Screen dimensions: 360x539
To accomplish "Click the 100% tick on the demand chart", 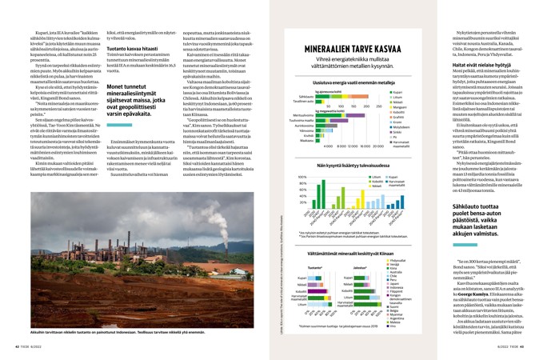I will click(x=301, y=177).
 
